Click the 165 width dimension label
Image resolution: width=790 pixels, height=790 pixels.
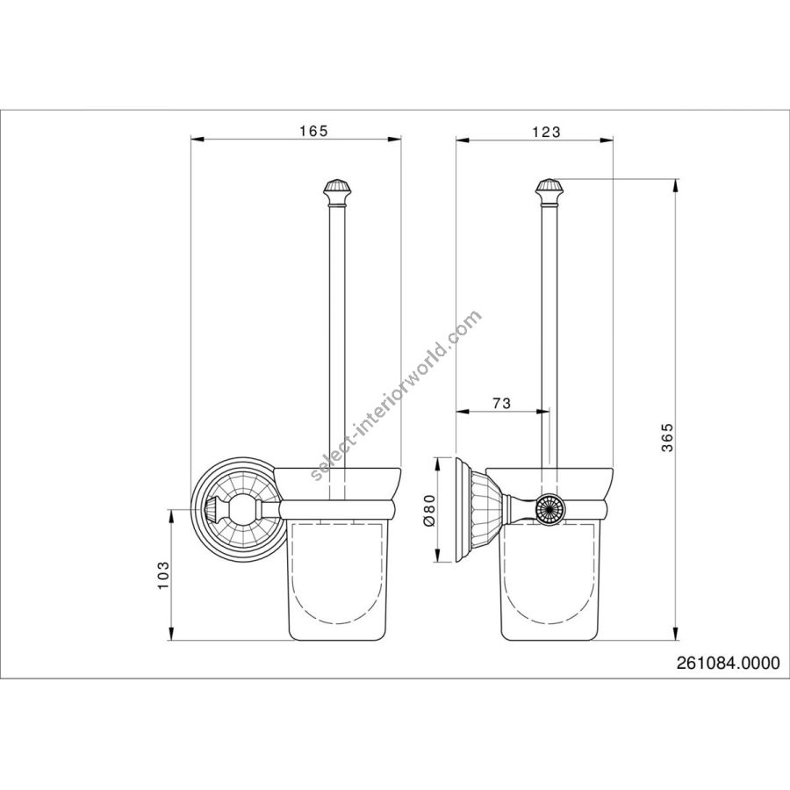pyautogui.click(x=313, y=131)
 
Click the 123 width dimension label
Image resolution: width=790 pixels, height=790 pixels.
pyautogui.click(x=547, y=132)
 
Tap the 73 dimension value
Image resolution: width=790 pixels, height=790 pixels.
pyautogui.click(x=501, y=403)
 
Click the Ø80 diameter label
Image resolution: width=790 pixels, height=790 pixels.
pyautogui.click(x=428, y=510)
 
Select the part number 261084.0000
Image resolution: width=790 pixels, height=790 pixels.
pyautogui.click(x=728, y=663)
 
